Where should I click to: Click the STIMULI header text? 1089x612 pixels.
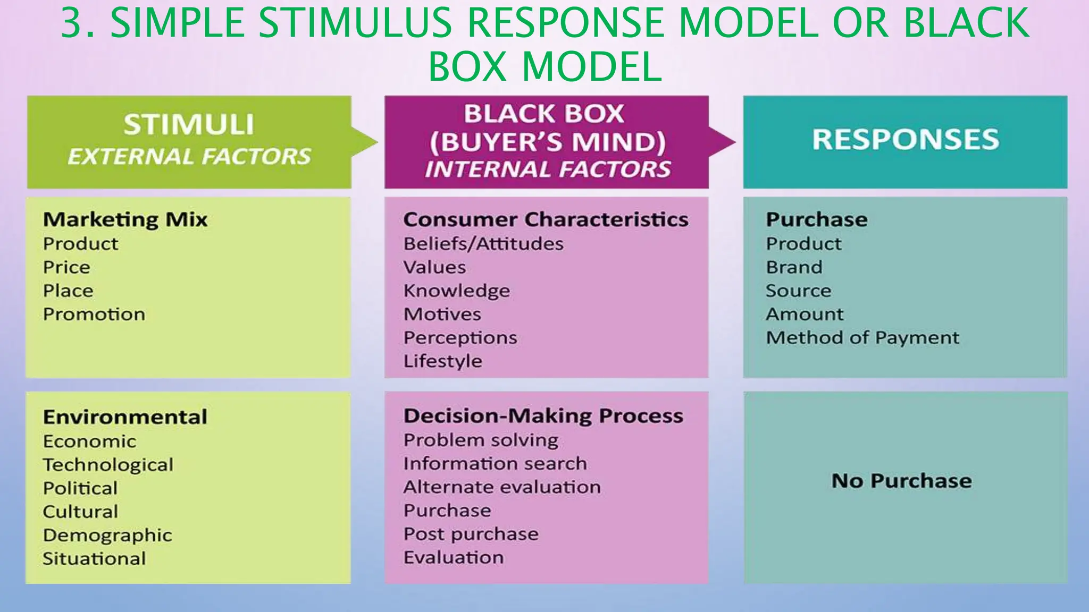pyautogui.click(x=189, y=124)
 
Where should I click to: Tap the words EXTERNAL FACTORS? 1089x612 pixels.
pyautogui.click(x=189, y=157)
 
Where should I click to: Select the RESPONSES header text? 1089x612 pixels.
pyautogui.click(x=905, y=139)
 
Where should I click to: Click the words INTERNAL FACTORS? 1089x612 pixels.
pyautogui.click(x=547, y=169)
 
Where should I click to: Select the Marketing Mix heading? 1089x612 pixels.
pyautogui.click(x=125, y=219)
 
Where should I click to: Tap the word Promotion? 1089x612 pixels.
pyautogui.click(x=94, y=314)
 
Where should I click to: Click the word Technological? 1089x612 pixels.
pyautogui.click(x=108, y=465)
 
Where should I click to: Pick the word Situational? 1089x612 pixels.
pyautogui.click(x=94, y=558)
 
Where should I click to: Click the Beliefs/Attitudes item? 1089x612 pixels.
pyautogui.click(x=483, y=244)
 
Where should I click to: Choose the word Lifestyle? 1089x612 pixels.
pyautogui.click(x=442, y=361)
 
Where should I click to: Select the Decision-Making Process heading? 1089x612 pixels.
pyautogui.click(x=543, y=416)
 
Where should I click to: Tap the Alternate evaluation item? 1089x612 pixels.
pyautogui.click(x=502, y=487)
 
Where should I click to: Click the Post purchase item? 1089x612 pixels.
pyautogui.click(x=471, y=534)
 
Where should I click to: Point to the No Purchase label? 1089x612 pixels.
pyautogui.click(x=901, y=481)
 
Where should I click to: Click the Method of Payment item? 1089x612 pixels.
pyautogui.click(x=862, y=337)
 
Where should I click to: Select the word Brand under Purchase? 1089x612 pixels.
pyautogui.click(x=794, y=267)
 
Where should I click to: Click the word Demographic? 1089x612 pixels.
pyautogui.click(x=107, y=535)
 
